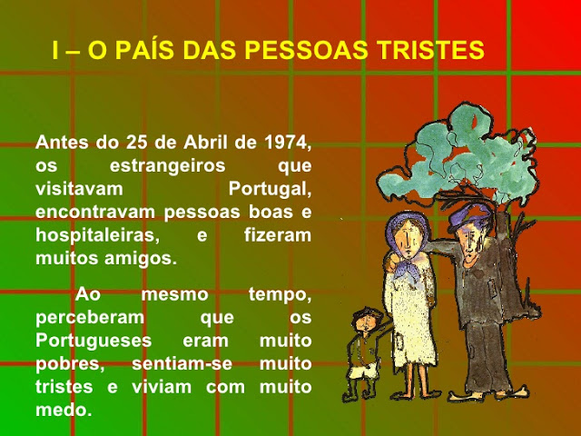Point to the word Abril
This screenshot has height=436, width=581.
tap(205, 142)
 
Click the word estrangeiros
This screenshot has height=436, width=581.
tap(167, 165)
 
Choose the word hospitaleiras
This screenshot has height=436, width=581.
tap(97, 235)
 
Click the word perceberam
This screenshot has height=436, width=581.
tap(90, 318)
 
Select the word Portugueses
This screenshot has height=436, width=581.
tap(94, 341)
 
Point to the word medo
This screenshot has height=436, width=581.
tap(64, 410)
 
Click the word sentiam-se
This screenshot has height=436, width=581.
tap(182, 363)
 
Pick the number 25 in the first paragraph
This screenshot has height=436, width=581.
tap(137, 143)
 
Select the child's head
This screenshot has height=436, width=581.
tap(366, 320)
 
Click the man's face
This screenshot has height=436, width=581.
tap(469, 244)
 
